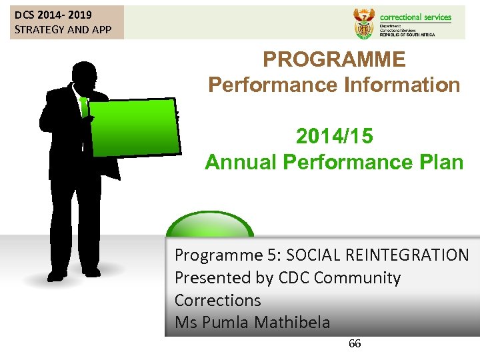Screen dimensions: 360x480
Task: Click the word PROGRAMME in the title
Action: [333, 60]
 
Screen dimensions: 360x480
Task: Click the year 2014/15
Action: [334, 137]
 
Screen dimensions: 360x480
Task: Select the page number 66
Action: [355, 344]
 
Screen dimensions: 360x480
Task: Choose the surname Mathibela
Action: [289, 323]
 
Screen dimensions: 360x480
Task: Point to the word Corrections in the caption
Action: [217, 301]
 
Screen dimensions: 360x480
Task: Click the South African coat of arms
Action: [363, 23]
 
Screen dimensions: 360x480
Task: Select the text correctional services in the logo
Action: [415, 17]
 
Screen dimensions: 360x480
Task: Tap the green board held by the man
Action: [134, 127]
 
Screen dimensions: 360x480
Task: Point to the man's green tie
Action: [83, 107]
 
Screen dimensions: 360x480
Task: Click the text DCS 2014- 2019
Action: [53, 15]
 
